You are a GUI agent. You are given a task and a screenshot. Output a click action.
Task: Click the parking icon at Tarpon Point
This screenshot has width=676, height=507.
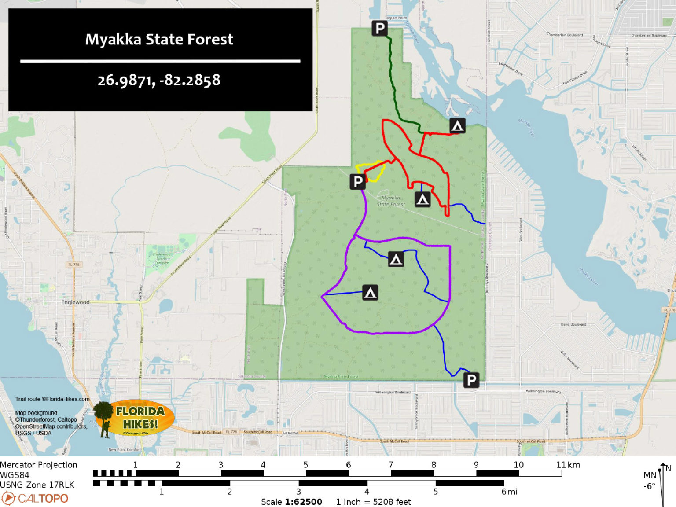pos(379,28)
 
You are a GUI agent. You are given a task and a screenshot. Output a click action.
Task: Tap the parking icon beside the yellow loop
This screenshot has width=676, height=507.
pos(358,181)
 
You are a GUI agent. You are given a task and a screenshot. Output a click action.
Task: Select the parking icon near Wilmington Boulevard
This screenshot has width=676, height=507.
pos(471,379)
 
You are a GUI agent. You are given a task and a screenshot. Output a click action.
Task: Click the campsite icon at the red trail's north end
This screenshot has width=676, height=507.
pos(457,126)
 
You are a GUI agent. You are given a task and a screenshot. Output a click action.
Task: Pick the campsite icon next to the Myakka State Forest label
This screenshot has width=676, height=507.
pos(422,199)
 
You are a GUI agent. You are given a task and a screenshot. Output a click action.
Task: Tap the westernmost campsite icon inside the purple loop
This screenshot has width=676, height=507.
pos(370,292)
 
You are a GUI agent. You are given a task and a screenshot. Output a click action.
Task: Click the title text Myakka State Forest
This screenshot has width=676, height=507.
pos(159,40)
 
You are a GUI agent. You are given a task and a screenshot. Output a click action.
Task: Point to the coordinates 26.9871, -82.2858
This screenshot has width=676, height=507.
pos(159,81)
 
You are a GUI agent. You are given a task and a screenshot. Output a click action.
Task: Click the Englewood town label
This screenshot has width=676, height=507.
pos(75,302)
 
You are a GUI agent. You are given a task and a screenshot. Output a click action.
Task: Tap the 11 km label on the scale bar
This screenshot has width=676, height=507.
pos(568,465)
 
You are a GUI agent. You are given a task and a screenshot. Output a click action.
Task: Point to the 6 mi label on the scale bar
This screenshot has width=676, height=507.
pos(509,492)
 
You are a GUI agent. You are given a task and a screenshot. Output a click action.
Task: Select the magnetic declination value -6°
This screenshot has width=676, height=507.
pos(649,486)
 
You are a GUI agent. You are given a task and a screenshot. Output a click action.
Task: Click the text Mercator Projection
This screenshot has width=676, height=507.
pos(39,465)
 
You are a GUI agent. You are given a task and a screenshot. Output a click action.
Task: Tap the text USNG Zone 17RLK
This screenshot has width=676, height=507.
pos(37,485)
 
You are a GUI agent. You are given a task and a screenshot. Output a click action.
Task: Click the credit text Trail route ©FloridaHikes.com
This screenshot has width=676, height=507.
pos(52,399)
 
